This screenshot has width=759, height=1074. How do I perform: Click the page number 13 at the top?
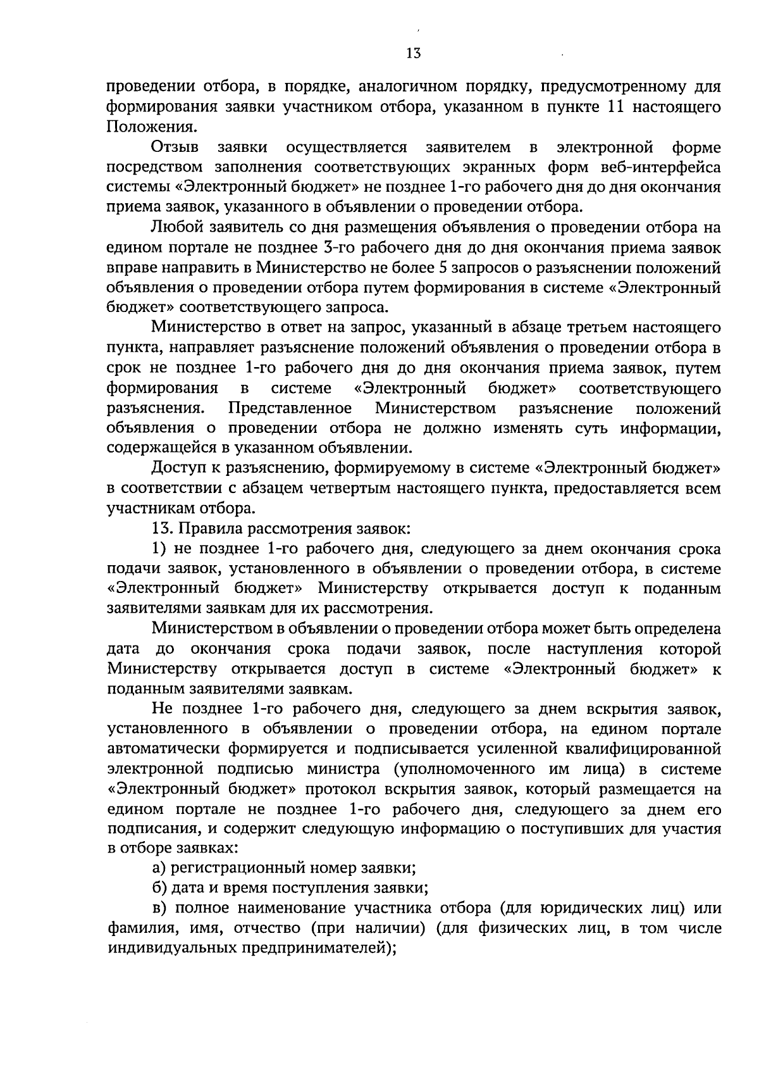(x=414, y=53)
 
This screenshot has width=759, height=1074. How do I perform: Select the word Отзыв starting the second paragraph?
(x=175, y=147)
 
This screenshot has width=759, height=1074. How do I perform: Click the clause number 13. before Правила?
(x=163, y=528)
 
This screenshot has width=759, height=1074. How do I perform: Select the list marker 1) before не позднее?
(x=159, y=549)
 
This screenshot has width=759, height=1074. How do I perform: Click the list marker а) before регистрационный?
(x=159, y=869)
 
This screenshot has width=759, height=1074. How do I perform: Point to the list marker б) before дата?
(x=159, y=889)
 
